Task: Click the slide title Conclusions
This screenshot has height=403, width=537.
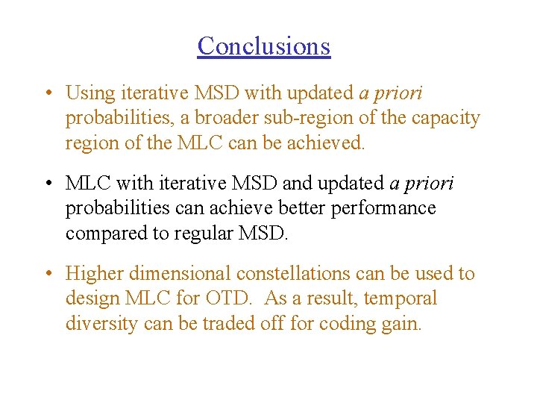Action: pos(263,46)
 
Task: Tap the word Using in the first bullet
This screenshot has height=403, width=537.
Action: pos(87,93)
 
